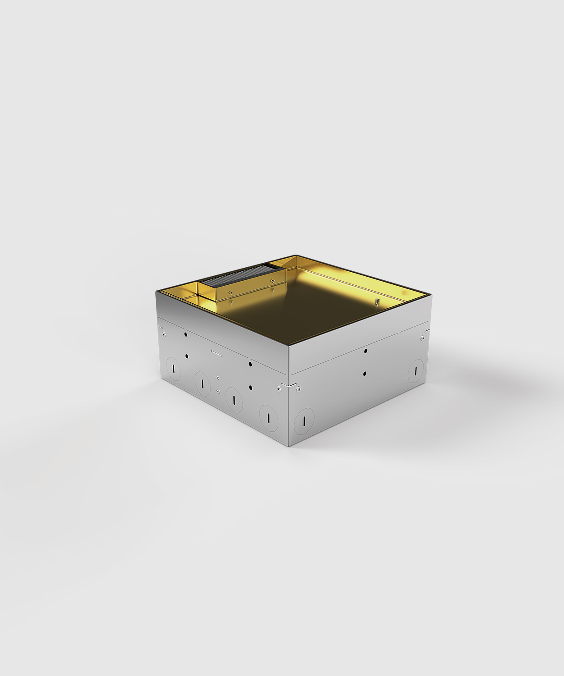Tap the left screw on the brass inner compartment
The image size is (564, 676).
(230, 293)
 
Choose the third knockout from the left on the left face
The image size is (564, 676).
(234, 399)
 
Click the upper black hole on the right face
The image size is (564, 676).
(365, 351)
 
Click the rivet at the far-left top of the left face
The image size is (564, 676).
(165, 334)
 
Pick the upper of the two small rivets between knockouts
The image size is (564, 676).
(217, 378)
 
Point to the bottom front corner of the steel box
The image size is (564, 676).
(289, 446)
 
